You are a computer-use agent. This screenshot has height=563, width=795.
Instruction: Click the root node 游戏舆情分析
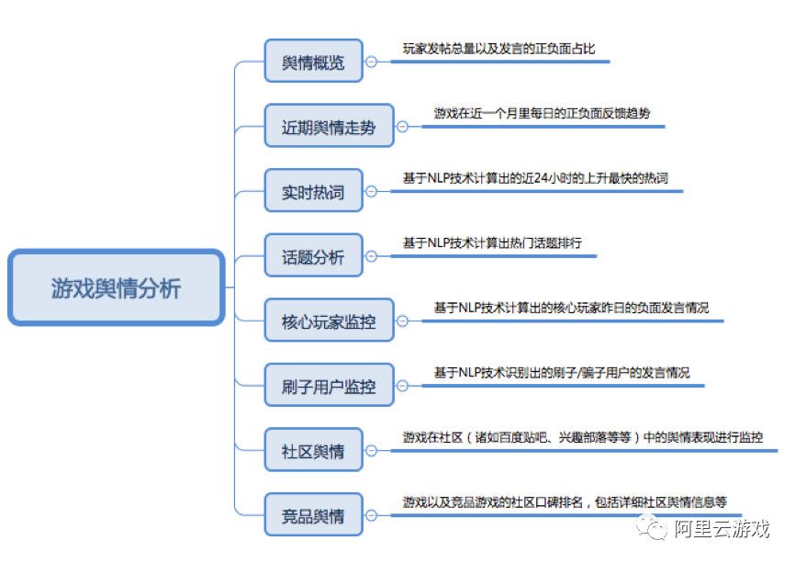pos(116,287)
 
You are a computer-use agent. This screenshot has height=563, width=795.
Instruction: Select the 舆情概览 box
pos(313,61)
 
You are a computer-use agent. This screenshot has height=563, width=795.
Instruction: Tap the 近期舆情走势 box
pos(329,126)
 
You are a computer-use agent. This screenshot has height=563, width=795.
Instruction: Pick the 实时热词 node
pos(313,191)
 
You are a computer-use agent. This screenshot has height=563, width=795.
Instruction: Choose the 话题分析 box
pos(313,255)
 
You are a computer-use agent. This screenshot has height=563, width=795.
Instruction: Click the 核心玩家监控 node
pos(329,321)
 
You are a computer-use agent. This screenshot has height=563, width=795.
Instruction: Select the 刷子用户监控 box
pos(329,386)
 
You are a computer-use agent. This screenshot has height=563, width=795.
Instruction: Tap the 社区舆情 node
pos(313,450)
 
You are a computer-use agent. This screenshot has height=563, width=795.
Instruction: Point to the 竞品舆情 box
pos(313,515)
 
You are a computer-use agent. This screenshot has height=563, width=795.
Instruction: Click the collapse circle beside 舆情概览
pos(371,62)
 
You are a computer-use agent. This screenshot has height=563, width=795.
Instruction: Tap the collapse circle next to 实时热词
pos(371,191)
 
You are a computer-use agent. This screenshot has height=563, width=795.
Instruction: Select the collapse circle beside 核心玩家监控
pos(402,321)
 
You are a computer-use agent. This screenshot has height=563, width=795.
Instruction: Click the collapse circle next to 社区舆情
pos(371,450)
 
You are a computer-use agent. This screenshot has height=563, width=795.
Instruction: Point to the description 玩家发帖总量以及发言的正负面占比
pos(498,49)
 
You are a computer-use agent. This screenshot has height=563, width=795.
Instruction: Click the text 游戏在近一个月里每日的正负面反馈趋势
pos(542,113)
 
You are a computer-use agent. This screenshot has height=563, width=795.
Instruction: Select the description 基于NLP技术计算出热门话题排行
pos(492,243)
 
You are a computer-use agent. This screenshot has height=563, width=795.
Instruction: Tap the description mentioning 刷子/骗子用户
pos(562,373)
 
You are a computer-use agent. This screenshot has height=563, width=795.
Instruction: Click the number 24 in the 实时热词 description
pos(542,178)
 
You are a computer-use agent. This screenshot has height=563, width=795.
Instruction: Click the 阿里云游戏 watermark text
pos(722,529)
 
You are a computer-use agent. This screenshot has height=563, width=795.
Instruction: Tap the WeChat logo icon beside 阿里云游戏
pos(652,528)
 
